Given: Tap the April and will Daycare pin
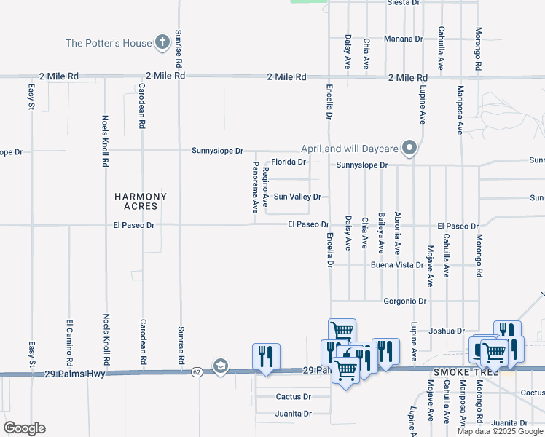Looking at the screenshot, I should click(410, 149).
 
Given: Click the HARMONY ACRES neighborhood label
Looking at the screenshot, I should click(141, 202).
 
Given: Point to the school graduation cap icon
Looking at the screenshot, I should click(220, 366).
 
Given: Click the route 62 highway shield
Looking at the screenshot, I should click(197, 372).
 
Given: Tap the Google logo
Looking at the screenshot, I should click(24, 428).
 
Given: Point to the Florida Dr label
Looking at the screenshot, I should click(289, 162).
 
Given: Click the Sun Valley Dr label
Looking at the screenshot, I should click(297, 197).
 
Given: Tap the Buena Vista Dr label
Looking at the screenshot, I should click(397, 265).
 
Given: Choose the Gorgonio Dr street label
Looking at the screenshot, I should click(404, 301).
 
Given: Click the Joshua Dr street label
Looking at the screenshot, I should click(447, 331).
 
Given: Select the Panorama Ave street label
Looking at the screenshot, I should click(255, 186).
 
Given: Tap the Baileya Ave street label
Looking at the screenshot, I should click(381, 231).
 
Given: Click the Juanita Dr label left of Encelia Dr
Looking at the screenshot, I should click(294, 413).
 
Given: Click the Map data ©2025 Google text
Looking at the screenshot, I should click(501, 431).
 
